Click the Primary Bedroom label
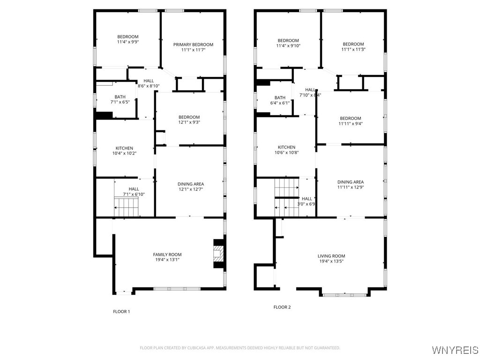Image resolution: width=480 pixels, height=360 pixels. click(193, 45)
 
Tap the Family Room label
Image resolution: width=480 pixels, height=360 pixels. click(167, 255)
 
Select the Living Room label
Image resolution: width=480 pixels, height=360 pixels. click(331, 256)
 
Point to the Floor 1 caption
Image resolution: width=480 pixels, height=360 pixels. click(121, 312)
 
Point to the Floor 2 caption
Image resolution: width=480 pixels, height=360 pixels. click(282, 307)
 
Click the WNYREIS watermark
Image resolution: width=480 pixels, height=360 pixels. click(455, 350)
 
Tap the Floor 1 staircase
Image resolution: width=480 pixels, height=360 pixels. click(126, 207)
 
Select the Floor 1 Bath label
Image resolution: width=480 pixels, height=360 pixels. click(120, 97)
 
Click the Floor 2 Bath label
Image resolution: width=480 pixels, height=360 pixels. click(280, 97)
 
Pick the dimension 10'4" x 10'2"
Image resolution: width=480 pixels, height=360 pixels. click(124, 153)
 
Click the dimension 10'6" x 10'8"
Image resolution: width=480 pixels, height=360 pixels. click(286, 152)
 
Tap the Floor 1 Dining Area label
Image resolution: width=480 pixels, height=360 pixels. click(191, 184)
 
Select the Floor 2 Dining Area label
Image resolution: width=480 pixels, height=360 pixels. click(351, 182)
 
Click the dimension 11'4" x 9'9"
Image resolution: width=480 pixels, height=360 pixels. click(128, 42)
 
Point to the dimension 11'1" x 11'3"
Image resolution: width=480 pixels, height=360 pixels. click(353, 49)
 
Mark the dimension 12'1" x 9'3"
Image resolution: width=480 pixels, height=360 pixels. click(189, 122)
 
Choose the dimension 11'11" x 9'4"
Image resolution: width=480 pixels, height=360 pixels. click(351, 124)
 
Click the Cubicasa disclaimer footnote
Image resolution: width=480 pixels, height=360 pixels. click(240, 348)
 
